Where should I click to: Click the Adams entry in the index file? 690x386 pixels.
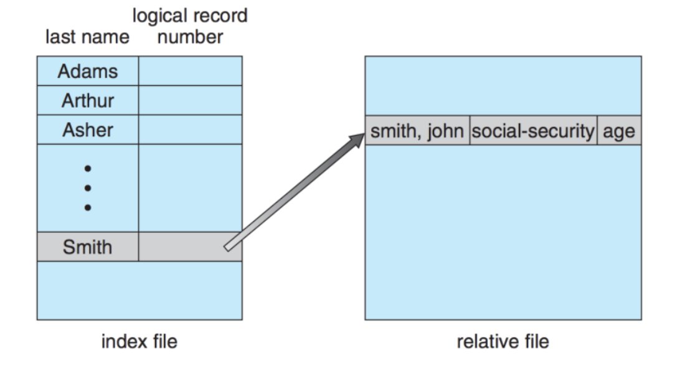(88, 71)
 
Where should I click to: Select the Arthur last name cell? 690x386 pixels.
(88, 100)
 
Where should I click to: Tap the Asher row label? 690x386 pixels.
(88, 129)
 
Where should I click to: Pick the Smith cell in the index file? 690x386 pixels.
(88, 247)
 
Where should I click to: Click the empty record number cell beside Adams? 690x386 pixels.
(190, 71)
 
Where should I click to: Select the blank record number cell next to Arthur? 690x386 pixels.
(190, 100)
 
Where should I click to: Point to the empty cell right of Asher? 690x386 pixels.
(190, 129)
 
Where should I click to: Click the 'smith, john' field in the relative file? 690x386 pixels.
(417, 131)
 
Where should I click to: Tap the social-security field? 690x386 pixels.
(533, 131)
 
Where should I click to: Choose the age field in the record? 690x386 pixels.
(618, 131)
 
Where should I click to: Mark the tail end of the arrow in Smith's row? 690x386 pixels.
(228, 247)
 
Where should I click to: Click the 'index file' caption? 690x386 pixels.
(139, 341)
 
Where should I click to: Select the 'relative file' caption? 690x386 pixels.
(503, 341)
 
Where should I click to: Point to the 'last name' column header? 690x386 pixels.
(87, 37)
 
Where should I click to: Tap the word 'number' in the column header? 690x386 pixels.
(190, 37)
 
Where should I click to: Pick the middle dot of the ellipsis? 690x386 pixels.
(88, 187)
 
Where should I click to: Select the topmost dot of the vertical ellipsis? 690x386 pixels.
(88, 168)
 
